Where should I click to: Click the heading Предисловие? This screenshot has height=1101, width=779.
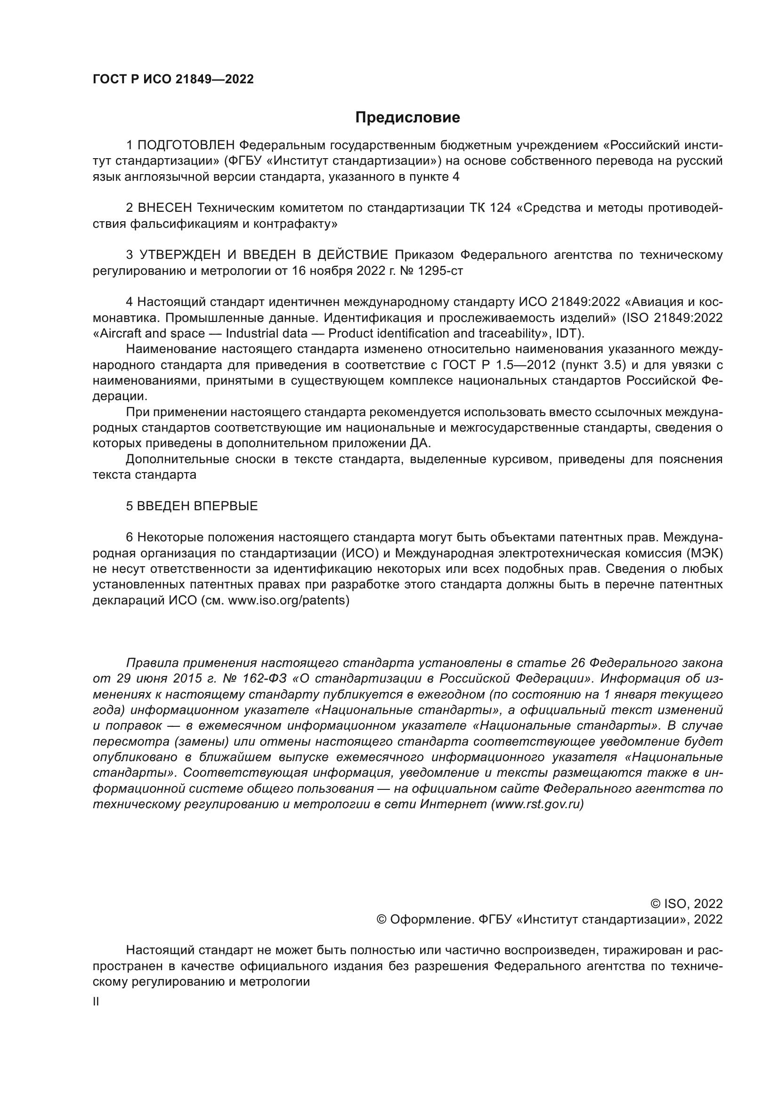[x=407, y=118]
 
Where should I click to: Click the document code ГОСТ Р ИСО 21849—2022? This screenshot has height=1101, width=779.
[x=173, y=80]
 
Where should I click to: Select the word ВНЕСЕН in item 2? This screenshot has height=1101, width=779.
[x=164, y=208]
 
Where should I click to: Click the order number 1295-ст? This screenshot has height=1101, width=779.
[x=440, y=271]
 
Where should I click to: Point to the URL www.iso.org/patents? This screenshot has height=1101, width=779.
[x=287, y=600]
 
